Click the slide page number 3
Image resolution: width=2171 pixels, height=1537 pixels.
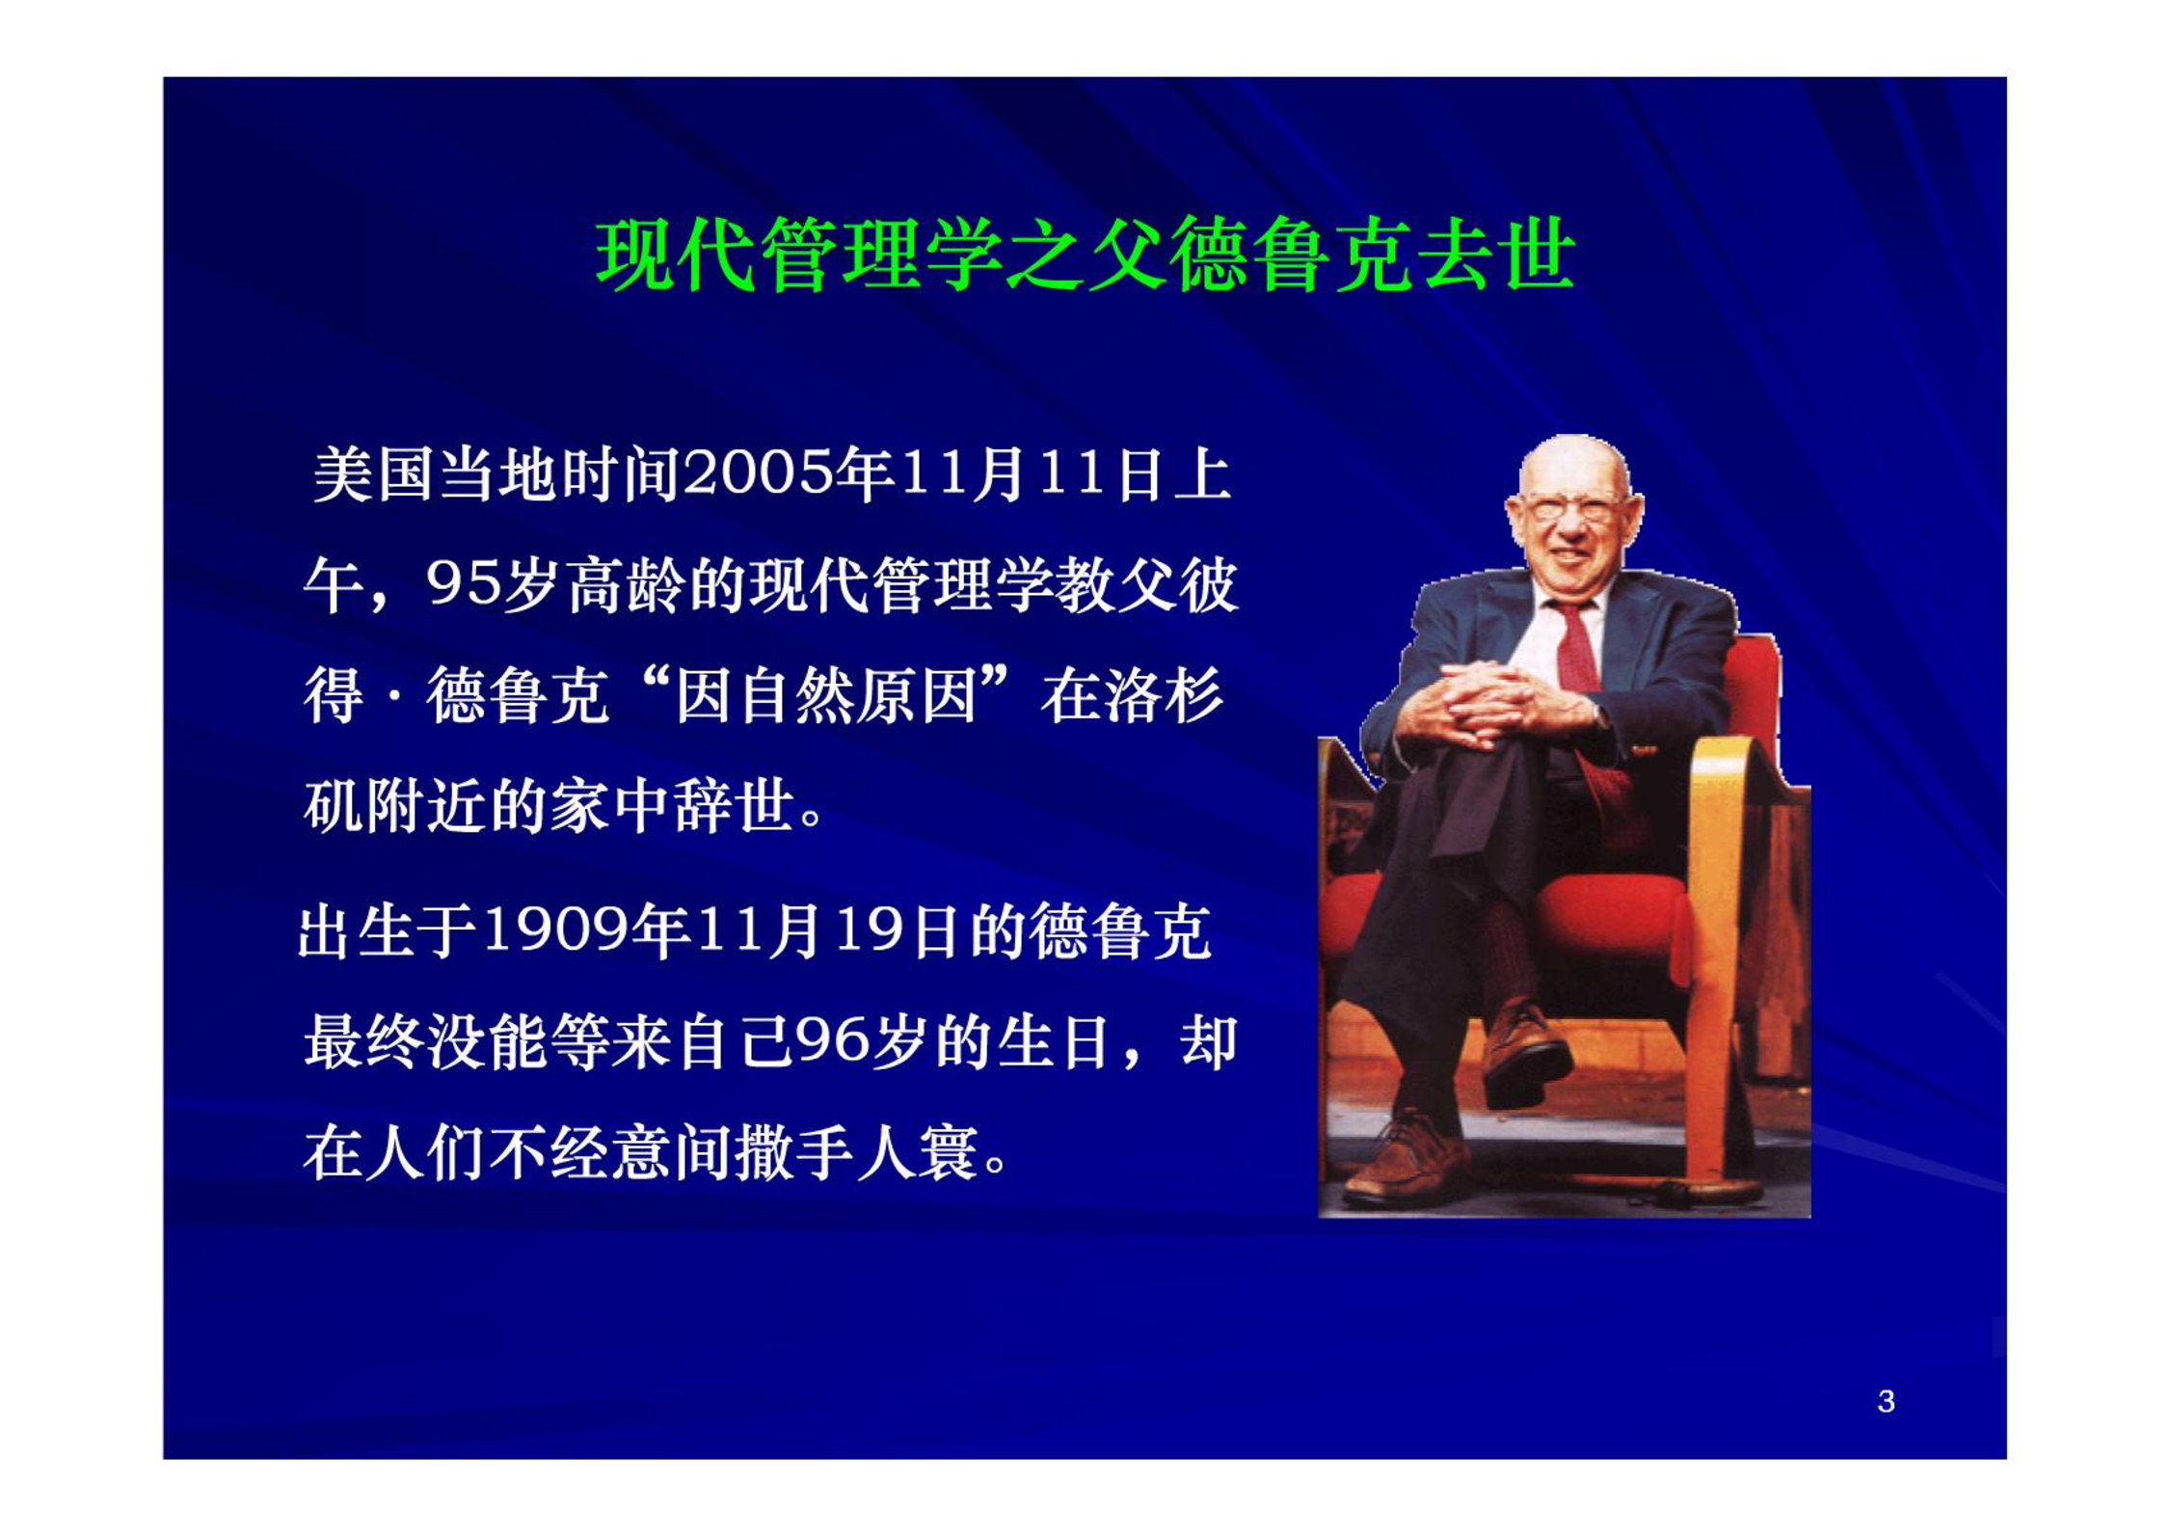click(1886, 1401)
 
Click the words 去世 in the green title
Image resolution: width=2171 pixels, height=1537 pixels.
click(1498, 256)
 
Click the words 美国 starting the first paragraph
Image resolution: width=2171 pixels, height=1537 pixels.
click(373, 474)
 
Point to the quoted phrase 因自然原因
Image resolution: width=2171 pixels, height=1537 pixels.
click(827, 696)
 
